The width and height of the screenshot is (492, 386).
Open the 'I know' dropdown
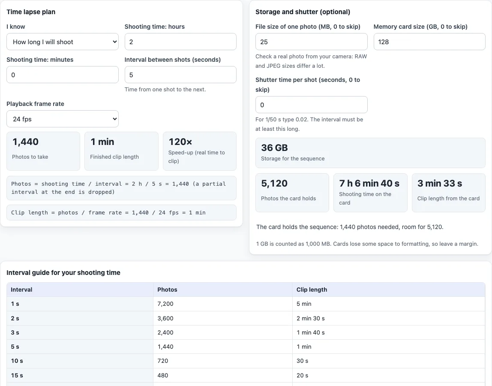[63, 42]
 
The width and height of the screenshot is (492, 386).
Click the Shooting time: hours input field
[180, 42]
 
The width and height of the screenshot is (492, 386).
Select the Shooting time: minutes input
[63, 75]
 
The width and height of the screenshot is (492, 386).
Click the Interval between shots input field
[180, 75]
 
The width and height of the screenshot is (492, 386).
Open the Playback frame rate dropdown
[63, 119]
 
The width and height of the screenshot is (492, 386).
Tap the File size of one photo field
[311, 42]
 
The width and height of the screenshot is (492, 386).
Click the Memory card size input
[429, 42]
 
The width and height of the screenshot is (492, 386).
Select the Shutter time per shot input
[311, 105]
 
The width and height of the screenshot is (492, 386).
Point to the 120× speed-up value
[180, 142]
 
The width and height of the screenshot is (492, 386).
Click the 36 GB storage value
[275, 148]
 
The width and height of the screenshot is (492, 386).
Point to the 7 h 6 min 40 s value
[369, 183]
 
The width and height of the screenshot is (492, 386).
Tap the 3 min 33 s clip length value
[440, 183]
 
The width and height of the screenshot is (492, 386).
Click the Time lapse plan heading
[31, 12]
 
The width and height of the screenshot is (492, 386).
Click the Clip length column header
[312, 289]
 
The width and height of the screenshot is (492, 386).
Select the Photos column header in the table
[167, 289]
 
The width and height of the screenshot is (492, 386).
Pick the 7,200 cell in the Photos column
[165, 304]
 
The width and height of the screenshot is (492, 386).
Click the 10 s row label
[17, 361]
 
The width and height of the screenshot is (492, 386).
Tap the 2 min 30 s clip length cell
[311, 318]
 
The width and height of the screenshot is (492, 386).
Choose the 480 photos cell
[163, 375]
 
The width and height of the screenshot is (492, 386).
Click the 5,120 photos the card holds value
[274, 183]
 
